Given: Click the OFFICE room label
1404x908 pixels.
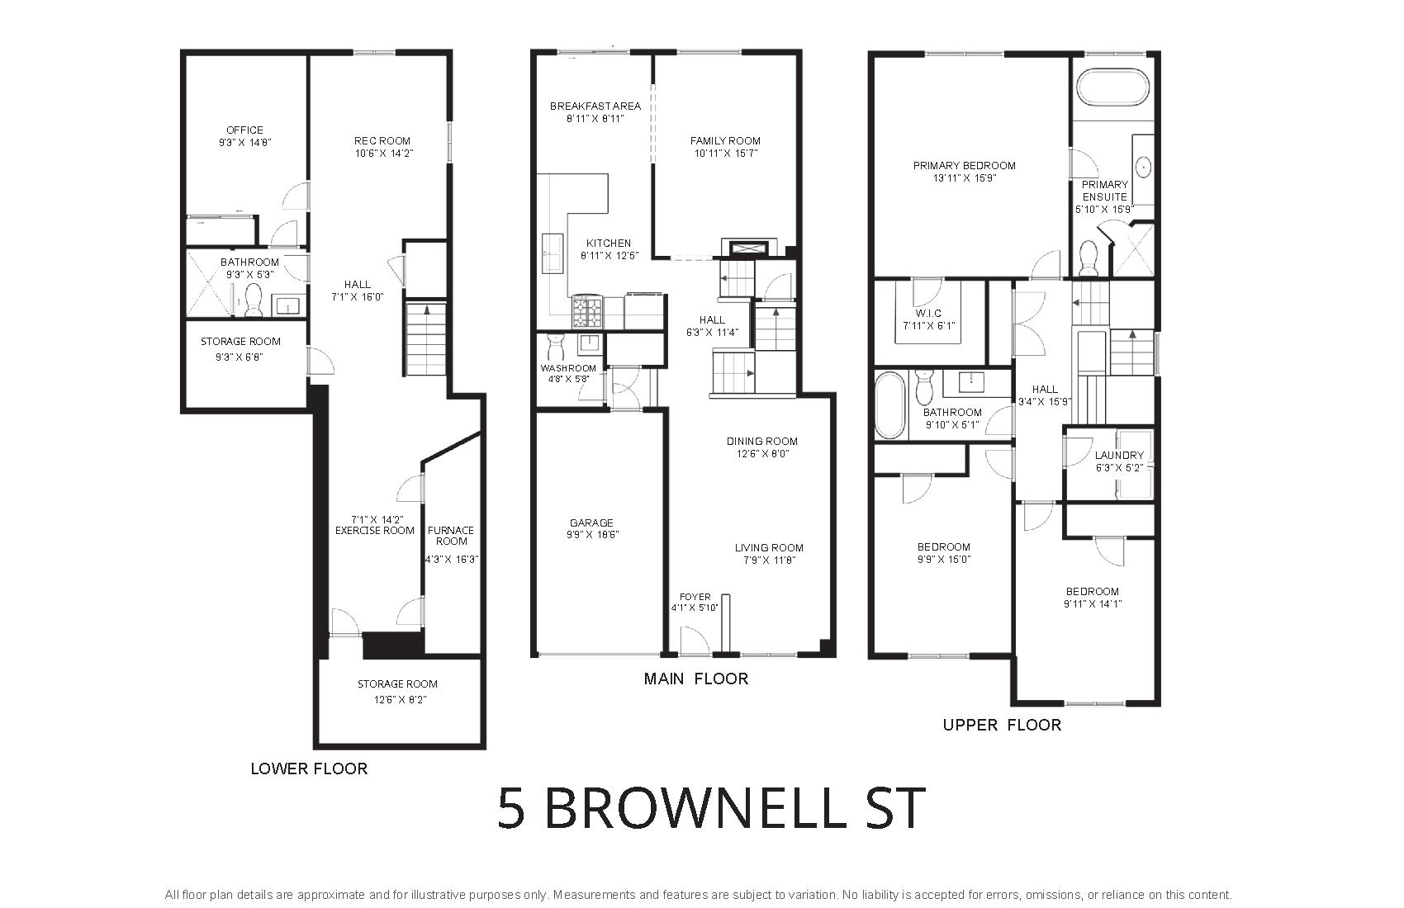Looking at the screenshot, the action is click(x=244, y=130).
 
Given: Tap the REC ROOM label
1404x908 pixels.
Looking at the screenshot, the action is click(x=382, y=141).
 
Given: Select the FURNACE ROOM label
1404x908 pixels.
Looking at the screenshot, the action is click(x=451, y=536).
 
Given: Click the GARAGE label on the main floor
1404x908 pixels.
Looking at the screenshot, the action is click(x=591, y=523).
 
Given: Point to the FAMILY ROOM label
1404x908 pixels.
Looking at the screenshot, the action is click(x=725, y=141).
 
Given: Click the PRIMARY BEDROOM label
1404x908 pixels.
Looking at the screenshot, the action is click(x=964, y=165).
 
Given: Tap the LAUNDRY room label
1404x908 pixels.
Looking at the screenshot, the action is click(x=1119, y=456).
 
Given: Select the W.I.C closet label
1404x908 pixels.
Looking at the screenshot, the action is click(x=928, y=314).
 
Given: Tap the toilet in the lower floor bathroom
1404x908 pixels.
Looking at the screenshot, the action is click(x=254, y=300).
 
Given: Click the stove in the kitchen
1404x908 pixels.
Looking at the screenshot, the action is click(x=586, y=313).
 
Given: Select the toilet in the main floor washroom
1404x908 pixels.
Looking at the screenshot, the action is click(x=556, y=346).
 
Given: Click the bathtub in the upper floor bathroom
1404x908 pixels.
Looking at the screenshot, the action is click(x=890, y=404).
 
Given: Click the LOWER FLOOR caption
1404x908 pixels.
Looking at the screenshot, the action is click(x=309, y=768).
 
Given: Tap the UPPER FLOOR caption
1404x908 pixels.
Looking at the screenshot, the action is click(x=1002, y=725).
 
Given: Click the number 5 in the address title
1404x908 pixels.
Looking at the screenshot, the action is click(x=511, y=808).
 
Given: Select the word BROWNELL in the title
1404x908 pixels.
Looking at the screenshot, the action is click(x=695, y=808).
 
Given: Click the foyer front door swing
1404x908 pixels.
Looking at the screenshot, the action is click(x=695, y=641).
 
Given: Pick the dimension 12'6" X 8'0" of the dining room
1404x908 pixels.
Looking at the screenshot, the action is click(x=762, y=454).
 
